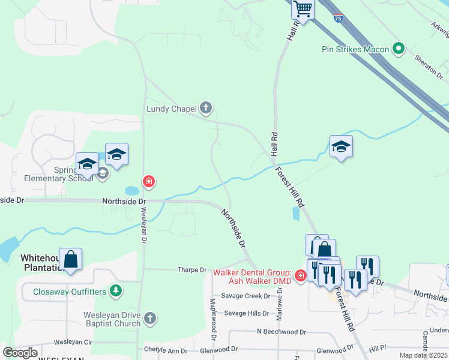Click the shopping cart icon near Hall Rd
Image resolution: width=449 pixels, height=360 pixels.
point(303,9)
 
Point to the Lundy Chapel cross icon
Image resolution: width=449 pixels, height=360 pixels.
point(206,108)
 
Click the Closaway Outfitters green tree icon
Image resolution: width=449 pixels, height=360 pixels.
point(116,292)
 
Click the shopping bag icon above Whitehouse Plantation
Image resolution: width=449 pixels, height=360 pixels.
point(71,259)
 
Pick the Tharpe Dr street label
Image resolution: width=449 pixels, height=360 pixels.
point(191,270)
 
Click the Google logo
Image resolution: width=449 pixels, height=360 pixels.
point(20,353)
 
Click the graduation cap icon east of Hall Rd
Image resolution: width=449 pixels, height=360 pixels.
point(341,146)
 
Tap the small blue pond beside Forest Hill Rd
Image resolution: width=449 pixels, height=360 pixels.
point(295,213)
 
